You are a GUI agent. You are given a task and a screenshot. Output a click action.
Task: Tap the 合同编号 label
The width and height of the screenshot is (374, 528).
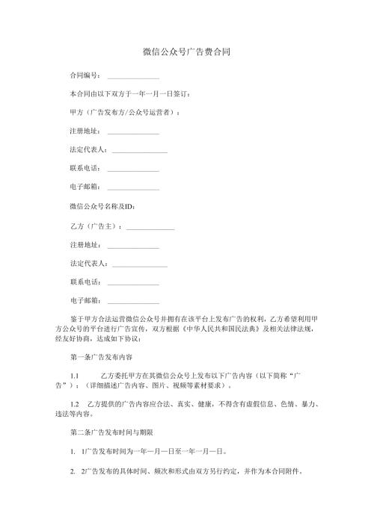tap(85, 75)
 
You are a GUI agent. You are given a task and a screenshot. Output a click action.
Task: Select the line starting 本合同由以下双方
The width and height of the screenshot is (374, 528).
tap(134, 94)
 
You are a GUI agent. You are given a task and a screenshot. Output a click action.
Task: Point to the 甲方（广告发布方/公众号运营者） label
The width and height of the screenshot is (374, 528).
tap(125, 112)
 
